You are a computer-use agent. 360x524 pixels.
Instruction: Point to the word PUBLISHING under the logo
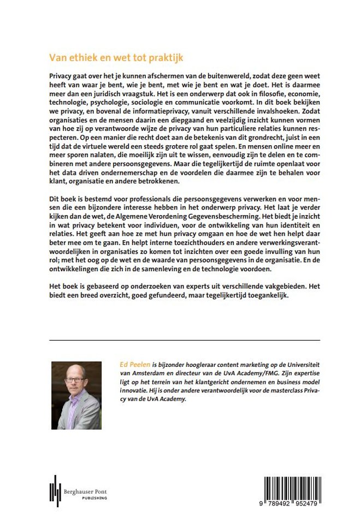click(x=87, y=498)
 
